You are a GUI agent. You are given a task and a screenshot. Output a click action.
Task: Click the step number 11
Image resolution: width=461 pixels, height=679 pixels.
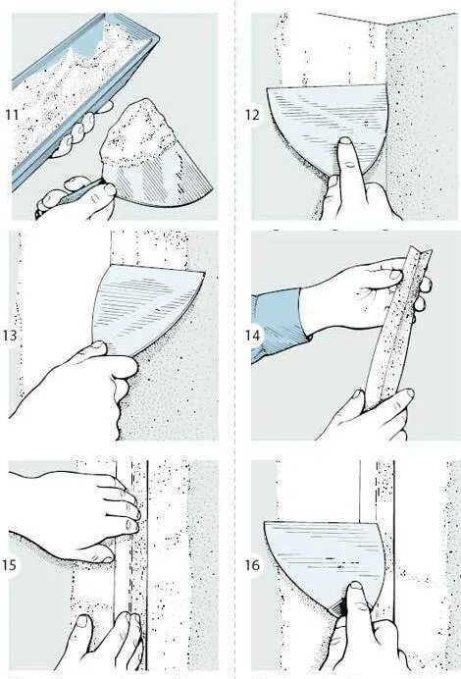12,115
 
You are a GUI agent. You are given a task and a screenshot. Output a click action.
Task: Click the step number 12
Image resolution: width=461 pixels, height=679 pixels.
252,115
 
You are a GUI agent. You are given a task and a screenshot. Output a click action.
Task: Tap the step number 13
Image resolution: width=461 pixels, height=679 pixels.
10,336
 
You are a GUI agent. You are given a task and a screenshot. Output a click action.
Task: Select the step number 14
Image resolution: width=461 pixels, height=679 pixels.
252,336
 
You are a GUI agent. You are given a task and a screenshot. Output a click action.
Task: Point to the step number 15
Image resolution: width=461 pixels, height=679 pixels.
10,564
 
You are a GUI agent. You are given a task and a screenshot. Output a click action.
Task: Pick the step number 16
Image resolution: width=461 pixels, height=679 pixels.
252,564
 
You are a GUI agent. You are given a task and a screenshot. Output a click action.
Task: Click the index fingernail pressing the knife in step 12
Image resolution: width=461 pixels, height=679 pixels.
345,141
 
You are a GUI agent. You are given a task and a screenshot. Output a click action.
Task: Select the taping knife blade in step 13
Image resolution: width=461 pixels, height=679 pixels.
143,307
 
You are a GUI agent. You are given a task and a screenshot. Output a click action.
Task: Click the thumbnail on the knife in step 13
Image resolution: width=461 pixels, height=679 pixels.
98,345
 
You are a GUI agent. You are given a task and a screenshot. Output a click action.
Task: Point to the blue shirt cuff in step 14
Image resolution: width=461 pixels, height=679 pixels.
277,327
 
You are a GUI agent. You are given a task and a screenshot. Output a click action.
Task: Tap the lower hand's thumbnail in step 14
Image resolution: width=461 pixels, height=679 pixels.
357,394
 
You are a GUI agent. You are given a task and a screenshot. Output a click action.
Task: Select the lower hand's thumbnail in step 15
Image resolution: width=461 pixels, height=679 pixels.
81,622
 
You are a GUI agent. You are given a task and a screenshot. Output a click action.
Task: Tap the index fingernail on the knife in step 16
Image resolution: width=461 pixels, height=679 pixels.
356,587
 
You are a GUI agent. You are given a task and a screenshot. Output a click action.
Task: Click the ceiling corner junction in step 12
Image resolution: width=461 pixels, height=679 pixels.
385,26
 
